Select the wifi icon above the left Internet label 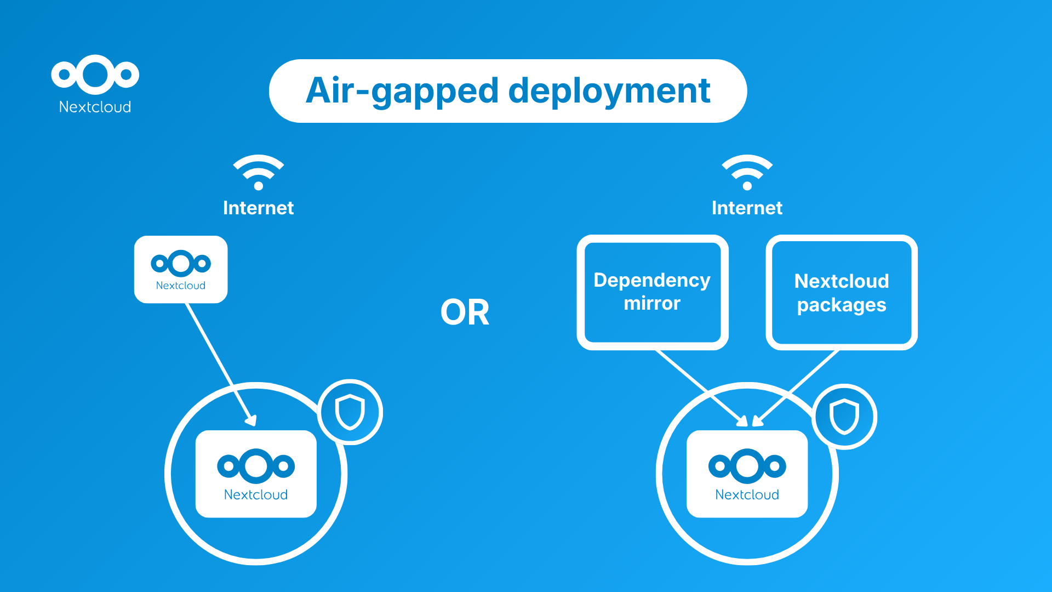[258, 172]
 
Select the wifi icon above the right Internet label [747, 172]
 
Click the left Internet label [258, 208]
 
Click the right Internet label [747, 208]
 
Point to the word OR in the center [465, 313]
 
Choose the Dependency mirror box [652, 292]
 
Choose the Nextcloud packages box [841, 292]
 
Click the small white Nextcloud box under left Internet [181, 269]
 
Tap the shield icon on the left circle [350, 412]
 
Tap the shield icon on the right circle [844, 417]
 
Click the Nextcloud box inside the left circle [256, 474]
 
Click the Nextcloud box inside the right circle [747, 474]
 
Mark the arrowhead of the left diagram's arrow [251, 420]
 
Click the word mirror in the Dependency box [652, 304]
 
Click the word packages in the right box [841, 305]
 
